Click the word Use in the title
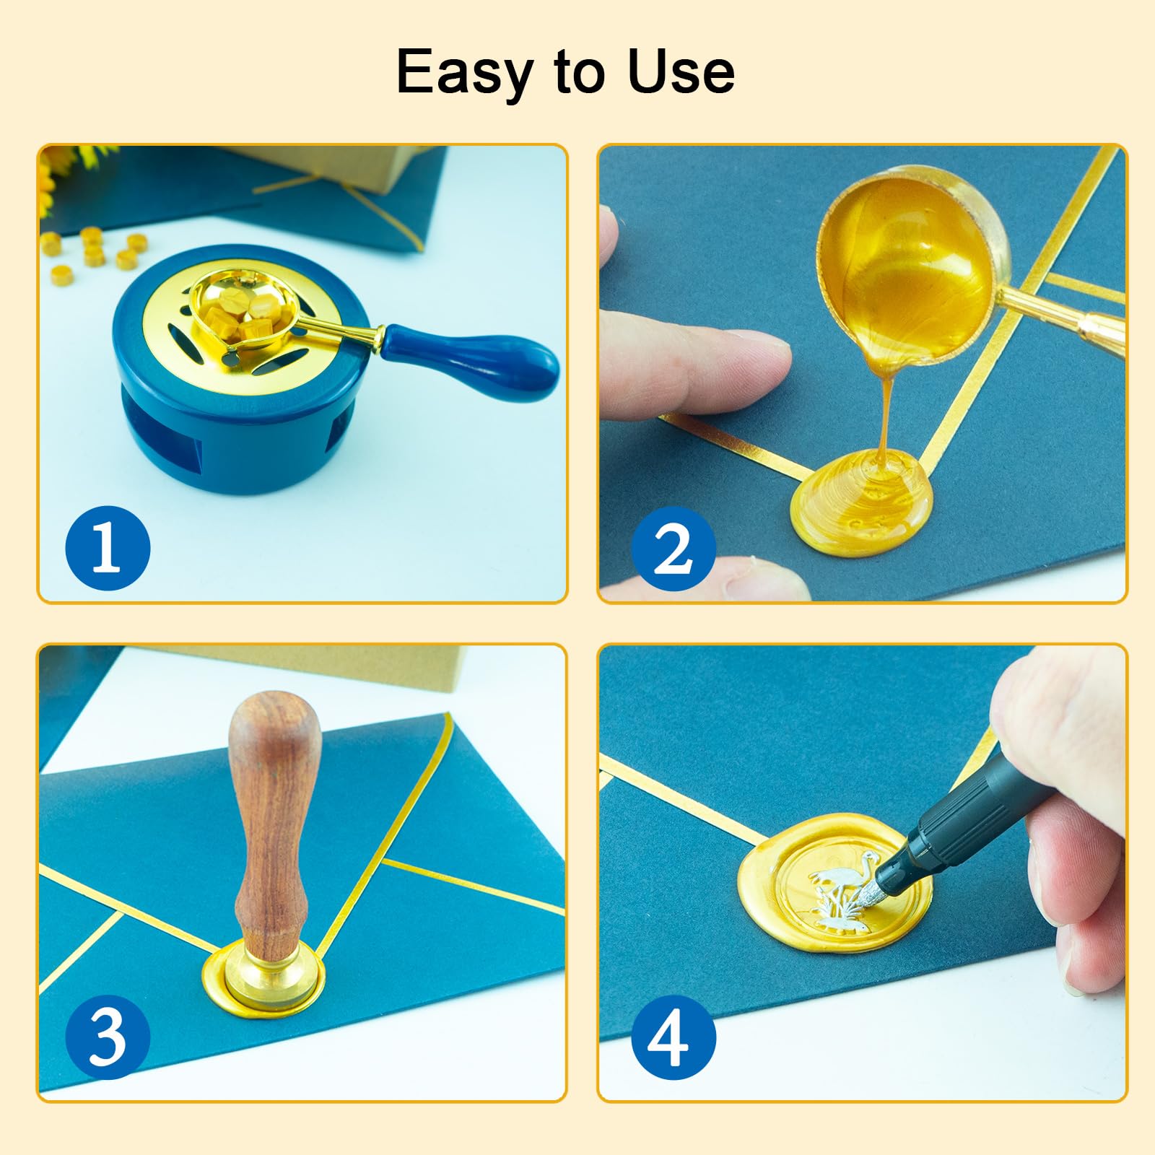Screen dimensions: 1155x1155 point(681,71)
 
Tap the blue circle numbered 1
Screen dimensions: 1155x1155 point(108,548)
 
